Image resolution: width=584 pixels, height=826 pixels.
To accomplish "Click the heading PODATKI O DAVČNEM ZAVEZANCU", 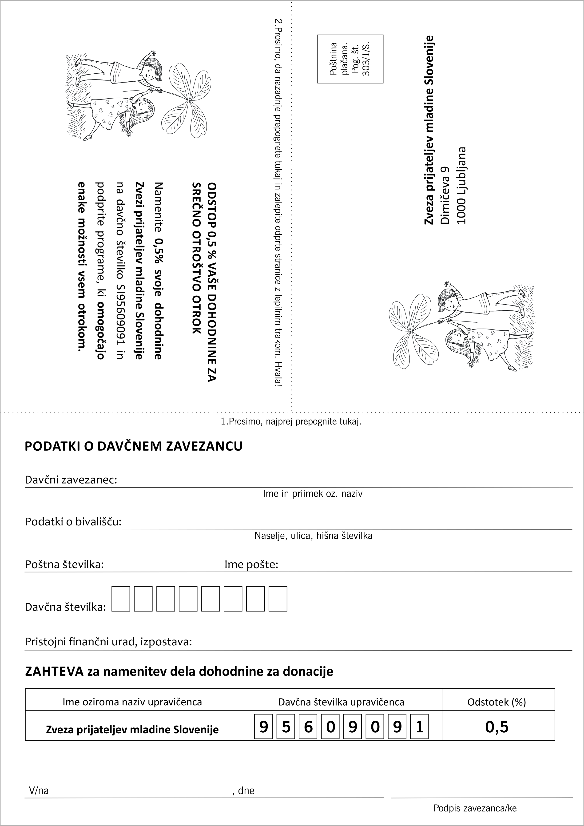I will (x=134, y=446).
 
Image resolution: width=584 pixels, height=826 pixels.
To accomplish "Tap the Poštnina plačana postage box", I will (x=350, y=59).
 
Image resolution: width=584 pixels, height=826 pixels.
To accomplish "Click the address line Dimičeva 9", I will (x=445, y=195).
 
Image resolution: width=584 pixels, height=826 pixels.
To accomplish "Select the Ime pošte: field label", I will (x=251, y=564).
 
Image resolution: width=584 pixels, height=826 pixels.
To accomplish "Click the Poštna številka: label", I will (x=64, y=564).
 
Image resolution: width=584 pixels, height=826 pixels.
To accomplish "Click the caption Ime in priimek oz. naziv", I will (x=312, y=494).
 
